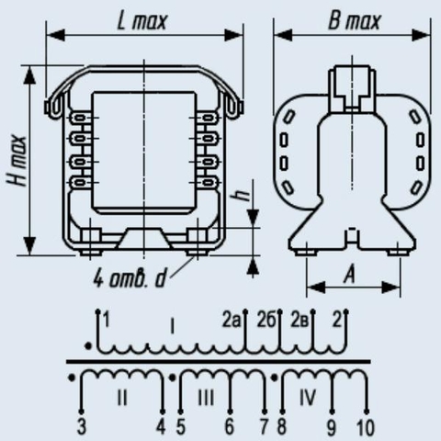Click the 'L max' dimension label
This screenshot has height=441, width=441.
(142, 21)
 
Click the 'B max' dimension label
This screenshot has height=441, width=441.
(355, 21)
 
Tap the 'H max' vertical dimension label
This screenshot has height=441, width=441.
(17, 160)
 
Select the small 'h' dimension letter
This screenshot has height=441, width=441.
(243, 195)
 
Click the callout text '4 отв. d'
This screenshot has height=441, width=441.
(130, 278)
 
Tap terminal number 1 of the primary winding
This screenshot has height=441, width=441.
(106, 320)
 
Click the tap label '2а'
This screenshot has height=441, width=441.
(231, 321)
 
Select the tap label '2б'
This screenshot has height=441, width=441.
(266, 321)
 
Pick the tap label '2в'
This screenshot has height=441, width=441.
(300, 321)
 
